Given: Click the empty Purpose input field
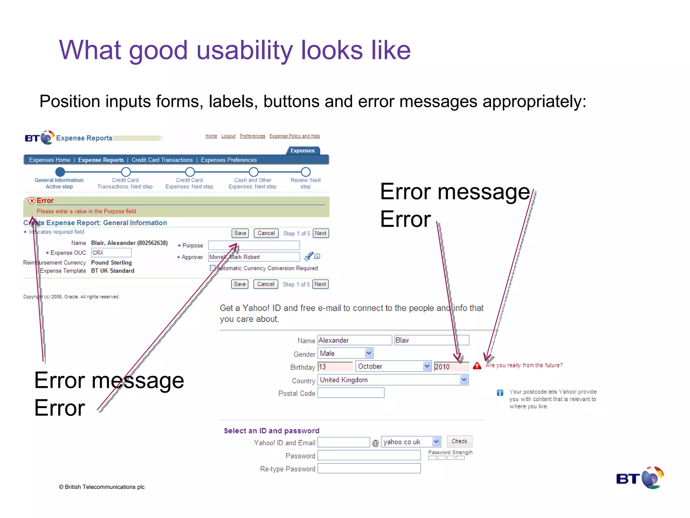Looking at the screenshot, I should (254, 245).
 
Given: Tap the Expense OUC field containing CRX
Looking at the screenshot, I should (111, 253).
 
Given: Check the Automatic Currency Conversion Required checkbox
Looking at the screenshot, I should (213, 268).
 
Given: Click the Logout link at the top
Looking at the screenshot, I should (228, 136).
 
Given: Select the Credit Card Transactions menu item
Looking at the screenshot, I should (162, 160).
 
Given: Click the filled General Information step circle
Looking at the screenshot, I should (60, 172).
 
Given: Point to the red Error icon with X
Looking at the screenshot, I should (32, 201).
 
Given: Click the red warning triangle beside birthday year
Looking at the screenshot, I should (477, 366).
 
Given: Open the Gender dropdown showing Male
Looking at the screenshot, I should (345, 353).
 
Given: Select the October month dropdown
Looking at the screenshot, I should (393, 366).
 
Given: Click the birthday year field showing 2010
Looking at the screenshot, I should (451, 367).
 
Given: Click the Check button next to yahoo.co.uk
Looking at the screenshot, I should (459, 441).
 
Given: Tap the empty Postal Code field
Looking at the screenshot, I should (351, 393).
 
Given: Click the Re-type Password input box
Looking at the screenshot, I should (369, 468).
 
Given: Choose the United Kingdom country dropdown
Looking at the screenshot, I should (393, 380).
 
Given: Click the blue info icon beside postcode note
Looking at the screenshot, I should (500, 393).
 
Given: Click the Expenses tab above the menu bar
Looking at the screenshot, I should (303, 151).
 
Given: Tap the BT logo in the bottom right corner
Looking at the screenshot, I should (639, 478).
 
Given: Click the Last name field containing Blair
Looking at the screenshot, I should (431, 340).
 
